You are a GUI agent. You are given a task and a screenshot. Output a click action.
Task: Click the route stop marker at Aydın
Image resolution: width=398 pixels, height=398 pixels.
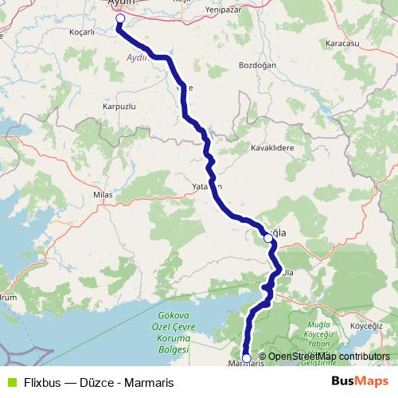tap(120, 18)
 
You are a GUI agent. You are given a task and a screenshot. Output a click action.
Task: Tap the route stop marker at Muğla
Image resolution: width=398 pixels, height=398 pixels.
tap(268, 237)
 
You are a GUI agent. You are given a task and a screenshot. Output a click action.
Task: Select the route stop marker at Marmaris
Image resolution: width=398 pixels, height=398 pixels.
tap(247, 358)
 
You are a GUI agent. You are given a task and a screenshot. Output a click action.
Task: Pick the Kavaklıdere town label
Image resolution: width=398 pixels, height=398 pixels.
tap(272, 148)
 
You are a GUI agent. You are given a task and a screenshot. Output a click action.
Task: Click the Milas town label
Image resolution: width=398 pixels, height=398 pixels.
tap(104, 193)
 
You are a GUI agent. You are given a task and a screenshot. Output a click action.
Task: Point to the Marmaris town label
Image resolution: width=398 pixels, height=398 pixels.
tap(245, 365)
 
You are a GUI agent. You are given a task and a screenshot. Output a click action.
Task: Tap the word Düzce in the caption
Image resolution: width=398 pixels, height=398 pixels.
tap(93, 381)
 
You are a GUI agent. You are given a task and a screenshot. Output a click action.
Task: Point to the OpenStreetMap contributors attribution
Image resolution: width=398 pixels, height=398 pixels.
tap(329, 357)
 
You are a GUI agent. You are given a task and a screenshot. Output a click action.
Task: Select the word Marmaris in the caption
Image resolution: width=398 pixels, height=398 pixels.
tap(147, 381)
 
